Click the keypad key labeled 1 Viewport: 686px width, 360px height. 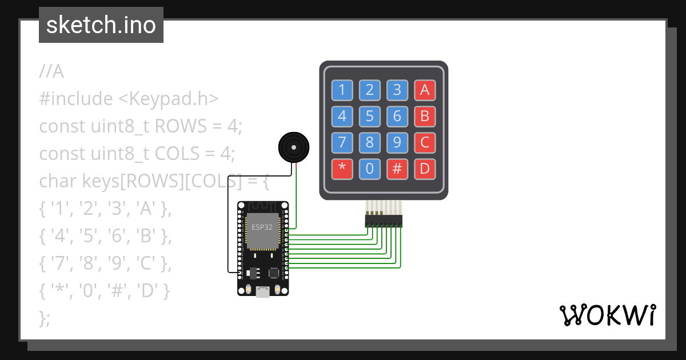click(x=342, y=90)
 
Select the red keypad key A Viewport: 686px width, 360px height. click(x=424, y=90)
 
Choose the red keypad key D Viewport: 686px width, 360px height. click(x=424, y=169)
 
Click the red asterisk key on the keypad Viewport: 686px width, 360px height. click(x=342, y=169)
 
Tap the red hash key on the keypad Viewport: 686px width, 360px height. click(x=397, y=169)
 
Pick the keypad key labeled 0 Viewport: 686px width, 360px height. click(x=369, y=169)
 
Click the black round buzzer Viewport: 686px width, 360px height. click(x=294, y=147)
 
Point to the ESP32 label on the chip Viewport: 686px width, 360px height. click(x=262, y=227)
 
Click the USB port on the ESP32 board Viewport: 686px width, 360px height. click(x=263, y=292)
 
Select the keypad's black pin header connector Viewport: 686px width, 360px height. click(x=384, y=221)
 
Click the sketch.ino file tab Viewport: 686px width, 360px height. click(x=101, y=25)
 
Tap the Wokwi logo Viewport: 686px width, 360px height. click(x=607, y=315)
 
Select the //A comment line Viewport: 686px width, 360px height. click(x=51, y=72)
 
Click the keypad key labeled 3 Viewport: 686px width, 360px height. click(x=397, y=90)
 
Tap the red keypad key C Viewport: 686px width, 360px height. click(x=424, y=142)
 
